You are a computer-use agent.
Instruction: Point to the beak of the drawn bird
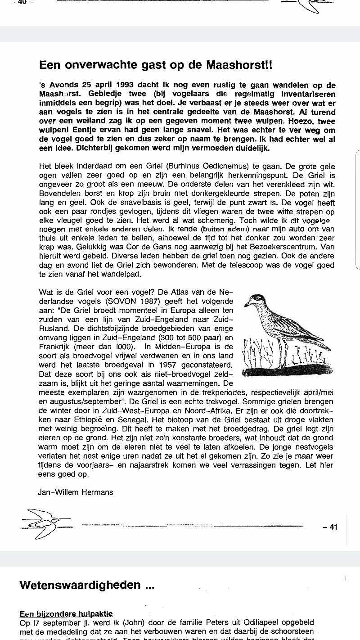(247, 305)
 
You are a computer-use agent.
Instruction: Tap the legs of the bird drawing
(283, 353)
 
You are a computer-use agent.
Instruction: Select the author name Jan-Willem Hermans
(76, 492)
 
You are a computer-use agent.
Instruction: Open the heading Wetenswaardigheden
(87, 586)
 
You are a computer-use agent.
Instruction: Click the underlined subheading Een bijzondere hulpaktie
(66, 614)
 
